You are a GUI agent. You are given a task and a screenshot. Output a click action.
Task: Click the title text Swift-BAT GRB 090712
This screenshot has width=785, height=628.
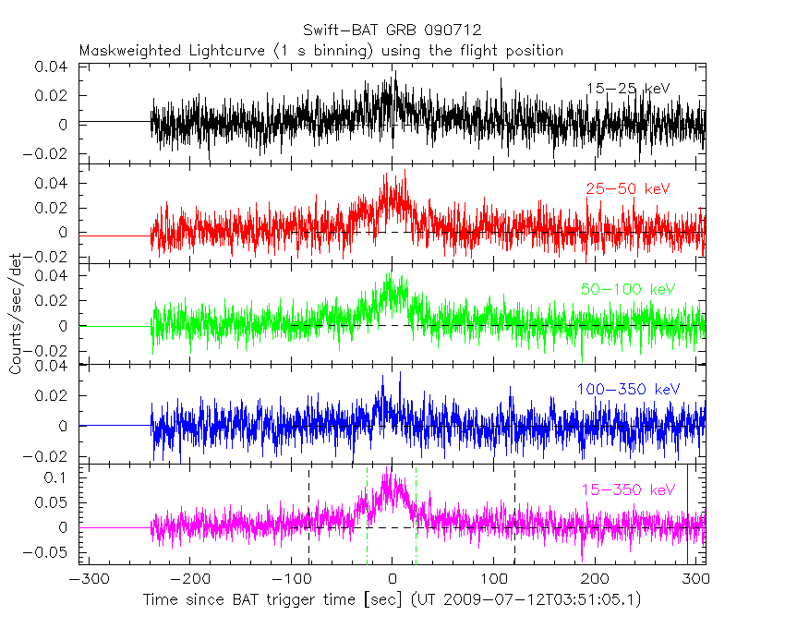point(392,30)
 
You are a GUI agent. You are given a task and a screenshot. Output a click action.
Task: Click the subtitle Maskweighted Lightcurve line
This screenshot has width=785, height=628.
point(320,50)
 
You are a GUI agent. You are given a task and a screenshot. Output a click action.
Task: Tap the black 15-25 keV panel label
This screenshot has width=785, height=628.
point(627,89)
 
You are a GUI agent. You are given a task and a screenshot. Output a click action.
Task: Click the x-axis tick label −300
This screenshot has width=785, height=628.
point(85,579)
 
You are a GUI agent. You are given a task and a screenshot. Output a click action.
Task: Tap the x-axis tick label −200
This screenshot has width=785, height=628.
point(187,579)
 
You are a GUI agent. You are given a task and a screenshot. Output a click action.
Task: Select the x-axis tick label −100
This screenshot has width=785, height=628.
point(289,579)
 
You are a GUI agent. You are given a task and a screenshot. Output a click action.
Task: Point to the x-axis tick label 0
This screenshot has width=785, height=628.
point(392,579)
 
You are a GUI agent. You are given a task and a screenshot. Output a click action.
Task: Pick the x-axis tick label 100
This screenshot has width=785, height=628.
point(494,579)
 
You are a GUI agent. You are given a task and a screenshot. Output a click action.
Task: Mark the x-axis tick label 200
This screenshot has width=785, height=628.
point(596,579)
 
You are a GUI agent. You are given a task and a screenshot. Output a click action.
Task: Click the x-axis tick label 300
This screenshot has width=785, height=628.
point(697,579)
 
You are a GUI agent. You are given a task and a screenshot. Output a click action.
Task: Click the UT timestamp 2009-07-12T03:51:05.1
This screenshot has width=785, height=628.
point(538,599)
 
